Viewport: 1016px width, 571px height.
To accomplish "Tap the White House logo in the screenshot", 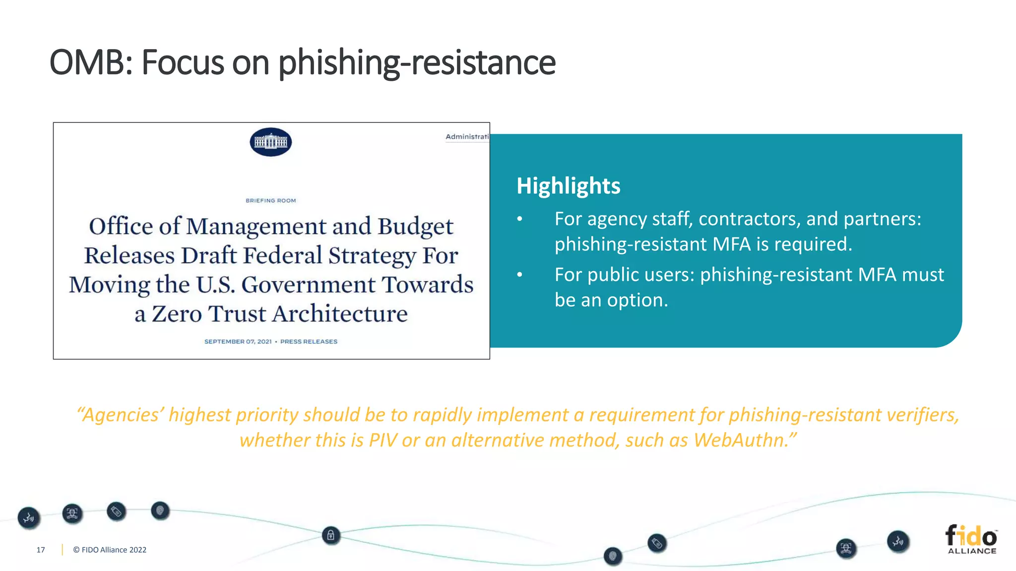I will click(270, 142).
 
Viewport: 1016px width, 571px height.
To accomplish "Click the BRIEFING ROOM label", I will click(270, 201).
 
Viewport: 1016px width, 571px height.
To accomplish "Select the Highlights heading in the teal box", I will click(568, 186).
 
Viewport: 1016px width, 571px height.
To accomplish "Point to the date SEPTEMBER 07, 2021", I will click(238, 342).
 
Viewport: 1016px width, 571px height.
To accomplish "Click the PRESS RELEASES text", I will click(309, 342).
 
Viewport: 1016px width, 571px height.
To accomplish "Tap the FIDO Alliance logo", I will click(971, 539).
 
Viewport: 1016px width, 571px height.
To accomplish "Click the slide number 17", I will click(41, 550).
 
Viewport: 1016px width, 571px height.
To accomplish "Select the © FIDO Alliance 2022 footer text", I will click(110, 550).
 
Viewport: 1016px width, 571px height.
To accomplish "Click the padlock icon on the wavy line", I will click(331, 535).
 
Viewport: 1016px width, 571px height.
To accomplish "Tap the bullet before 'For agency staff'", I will click(519, 219).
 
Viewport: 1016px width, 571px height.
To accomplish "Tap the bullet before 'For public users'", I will click(519, 275).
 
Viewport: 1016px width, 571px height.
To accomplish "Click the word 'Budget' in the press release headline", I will click(415, 227).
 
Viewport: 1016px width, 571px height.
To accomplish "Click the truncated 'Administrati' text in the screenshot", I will click(467, 137).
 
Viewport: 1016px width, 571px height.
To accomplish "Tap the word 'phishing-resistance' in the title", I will click(417, 63).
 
